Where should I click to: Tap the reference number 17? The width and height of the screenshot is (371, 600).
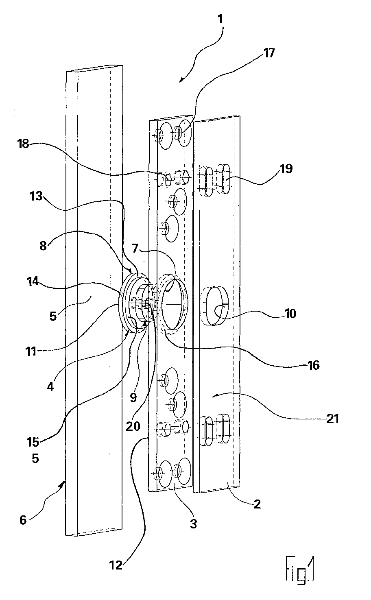tap(269, 53)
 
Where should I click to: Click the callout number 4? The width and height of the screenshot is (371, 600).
tap(50, 386)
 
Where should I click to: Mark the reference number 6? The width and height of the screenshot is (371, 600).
tap(23, 520)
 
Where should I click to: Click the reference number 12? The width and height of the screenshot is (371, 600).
tap(116, 565)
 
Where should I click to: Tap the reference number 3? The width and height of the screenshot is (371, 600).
tap(193, 524)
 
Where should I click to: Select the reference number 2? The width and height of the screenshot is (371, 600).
tap(257, 505)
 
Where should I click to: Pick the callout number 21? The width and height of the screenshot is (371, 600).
tap(333, 419)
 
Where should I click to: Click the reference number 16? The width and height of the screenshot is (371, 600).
tap(313, 365)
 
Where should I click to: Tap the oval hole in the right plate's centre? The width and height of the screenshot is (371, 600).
tap(216, 306)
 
